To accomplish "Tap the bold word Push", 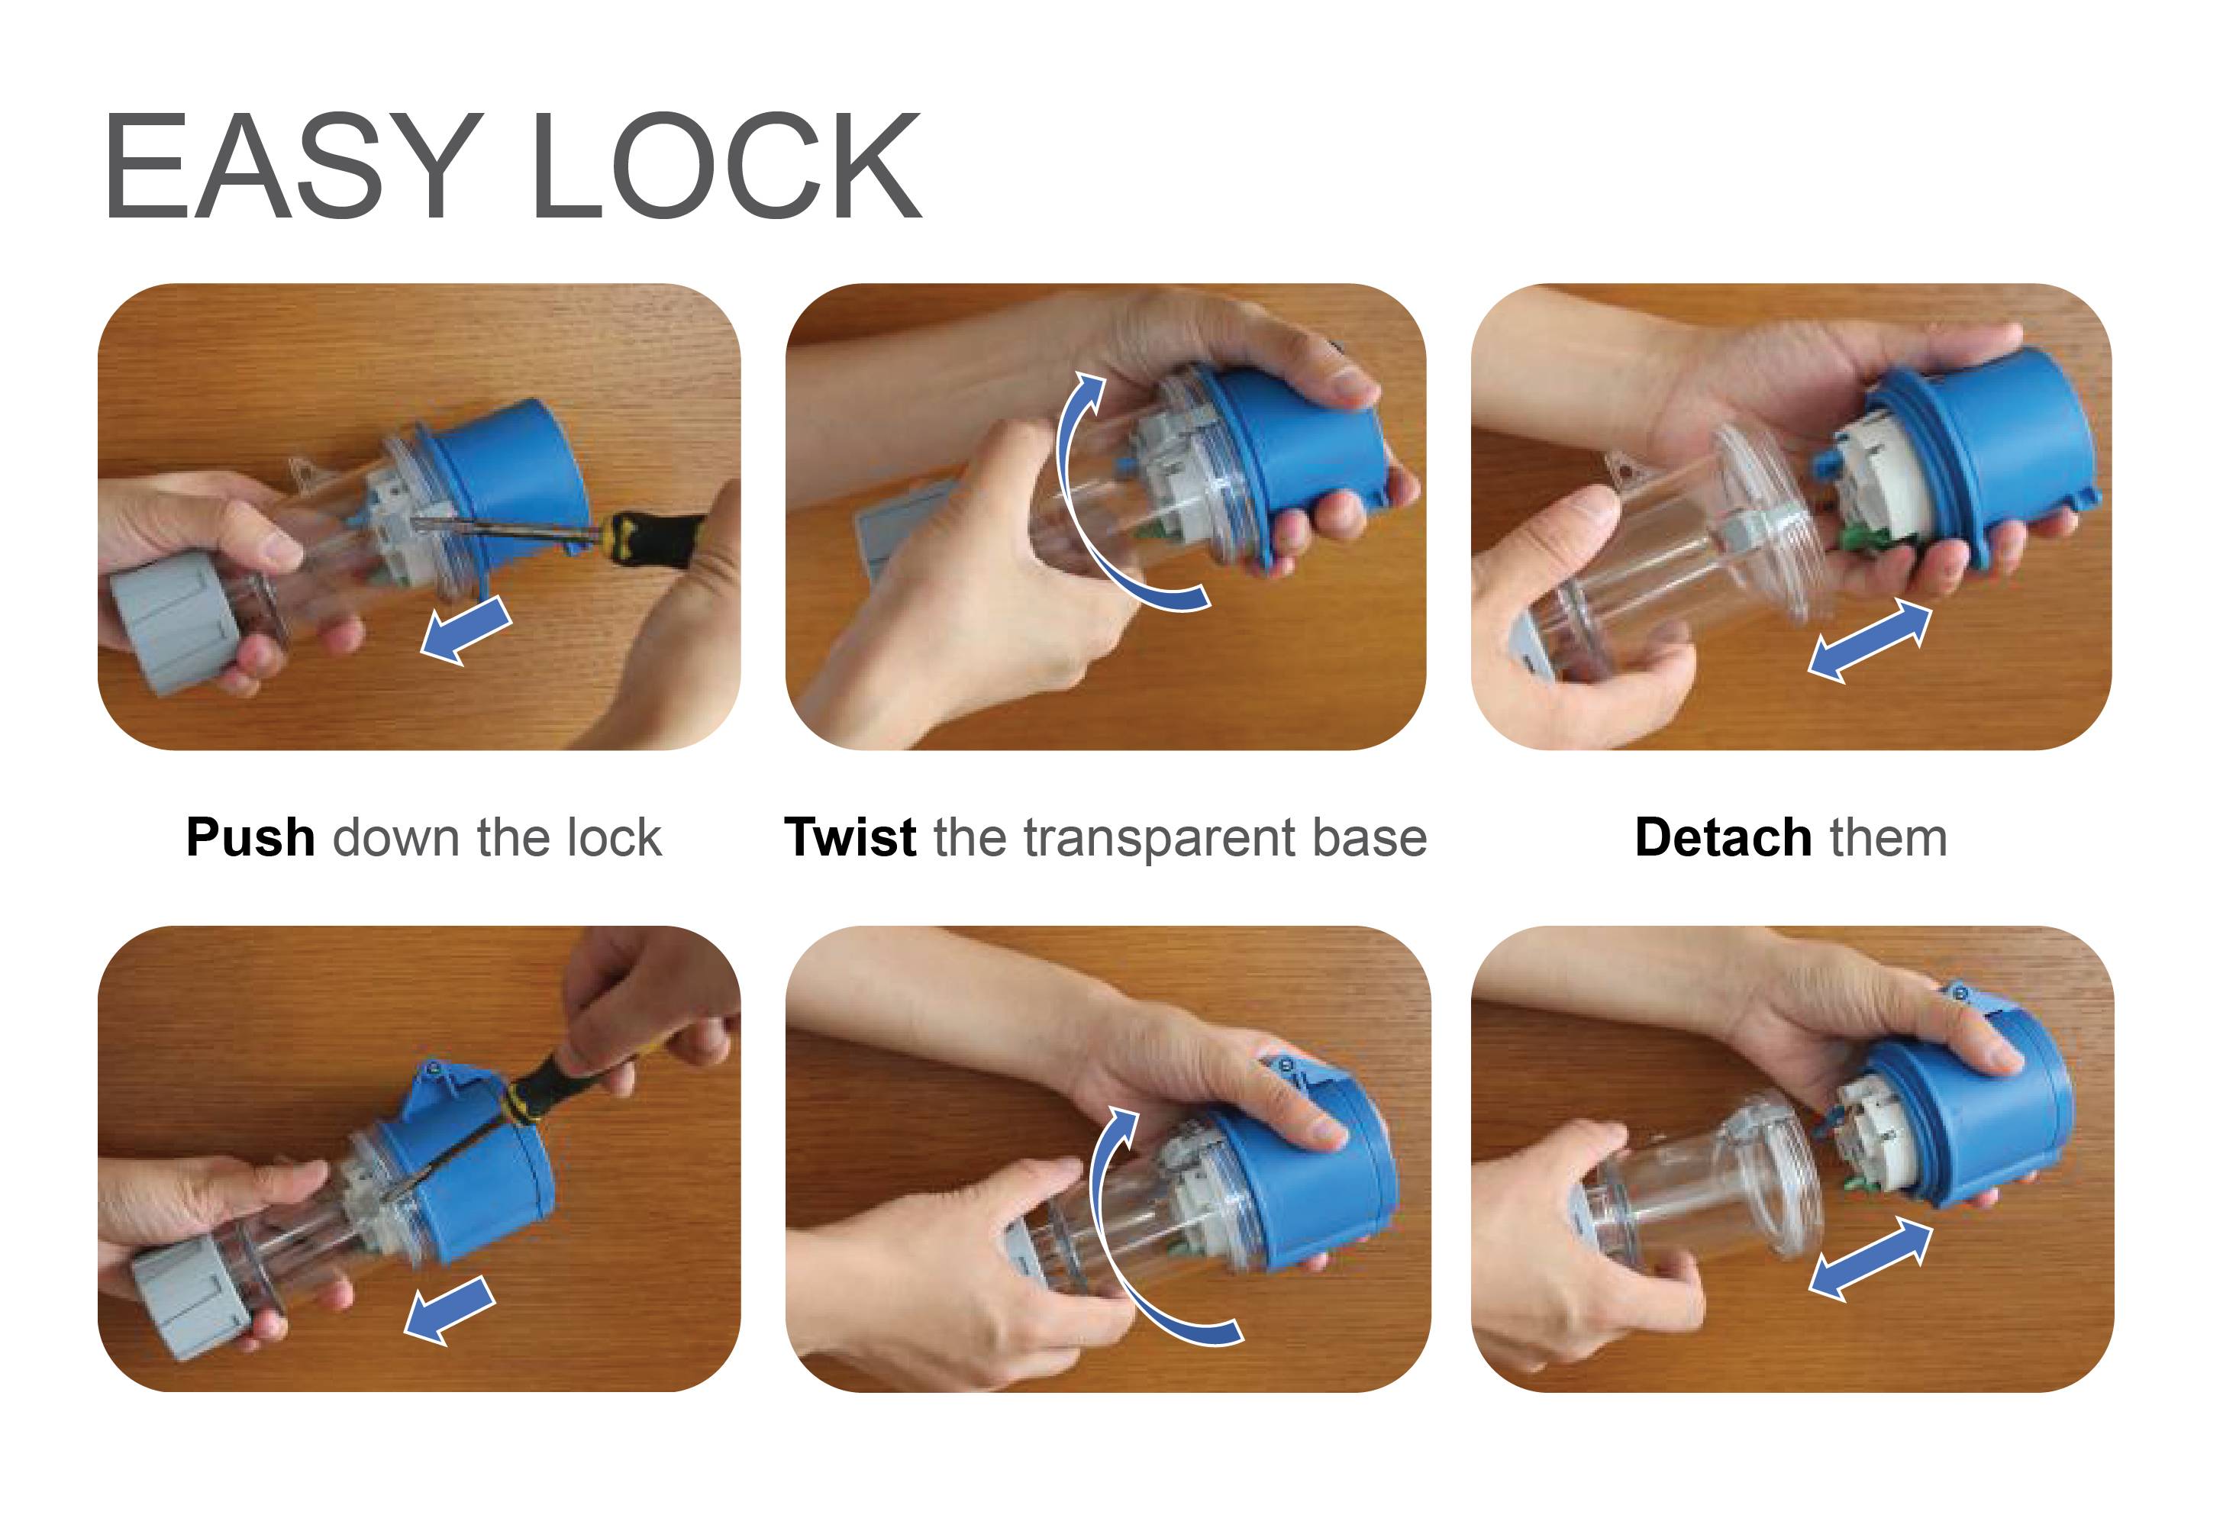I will (250, 838).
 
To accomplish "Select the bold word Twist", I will (850, 838).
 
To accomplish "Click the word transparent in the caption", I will (1161, 840).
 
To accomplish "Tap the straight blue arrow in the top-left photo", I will (466, 628).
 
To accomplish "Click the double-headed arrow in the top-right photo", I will (1869, 641).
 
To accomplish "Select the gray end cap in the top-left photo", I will (177, 622).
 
